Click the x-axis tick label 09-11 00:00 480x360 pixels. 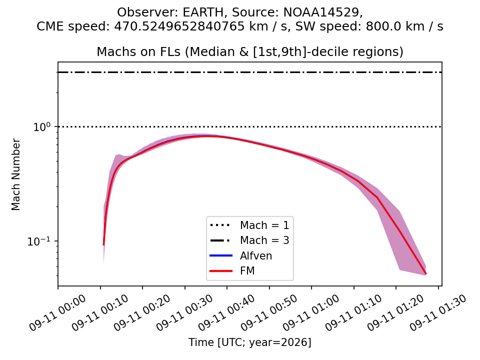click(x=57, y=312)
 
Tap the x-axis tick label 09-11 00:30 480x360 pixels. click(x=184, y=312)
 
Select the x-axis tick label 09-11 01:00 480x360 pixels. click(x=311, y=312)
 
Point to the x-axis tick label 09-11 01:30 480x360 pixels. click(x=438, y=312)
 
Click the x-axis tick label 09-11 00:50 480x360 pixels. click(x=269, y=312)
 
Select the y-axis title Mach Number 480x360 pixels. click(x=15, y=174)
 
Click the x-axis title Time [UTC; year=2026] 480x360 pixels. click(x=250, y=342)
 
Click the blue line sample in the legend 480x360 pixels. click(x=221, y=255)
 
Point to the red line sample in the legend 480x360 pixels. click(x=221, y=271)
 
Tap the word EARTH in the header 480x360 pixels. click(x=203, y=12)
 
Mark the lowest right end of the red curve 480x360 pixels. click(x=426, y=274)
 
